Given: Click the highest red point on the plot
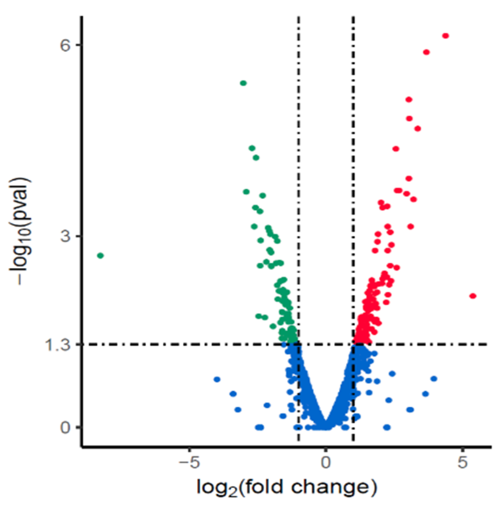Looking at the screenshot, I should point(445,36).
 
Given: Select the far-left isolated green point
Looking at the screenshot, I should point(100,256).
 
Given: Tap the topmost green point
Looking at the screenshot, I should point(243,83).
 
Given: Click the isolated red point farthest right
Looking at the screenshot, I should point(473,296).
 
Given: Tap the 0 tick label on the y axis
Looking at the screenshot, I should point(65,427).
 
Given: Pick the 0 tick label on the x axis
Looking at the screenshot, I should point(326,462).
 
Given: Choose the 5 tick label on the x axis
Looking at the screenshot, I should point(462,462).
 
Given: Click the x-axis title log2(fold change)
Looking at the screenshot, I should point(287,488).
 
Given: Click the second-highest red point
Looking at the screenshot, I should point(426,52).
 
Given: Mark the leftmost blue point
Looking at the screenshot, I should point(216,380).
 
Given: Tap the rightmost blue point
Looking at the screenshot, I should point(434,379).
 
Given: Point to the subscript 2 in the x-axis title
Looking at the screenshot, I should point(232,493).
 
